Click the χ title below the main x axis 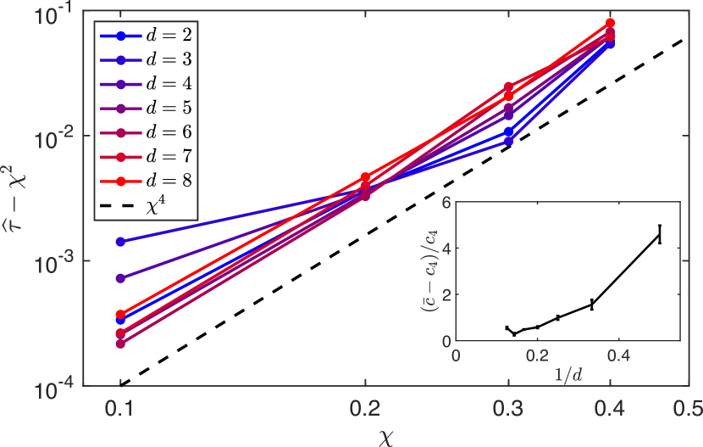point(386,434)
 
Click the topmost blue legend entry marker point(121,36)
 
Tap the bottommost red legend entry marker point(121,182)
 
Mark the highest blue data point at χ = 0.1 point(120,242)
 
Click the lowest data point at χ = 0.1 point(120,344)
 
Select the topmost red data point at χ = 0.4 point(610,23)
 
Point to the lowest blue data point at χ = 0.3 point(508,141)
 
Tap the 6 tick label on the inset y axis point(446,203)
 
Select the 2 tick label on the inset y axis point(446,295)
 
